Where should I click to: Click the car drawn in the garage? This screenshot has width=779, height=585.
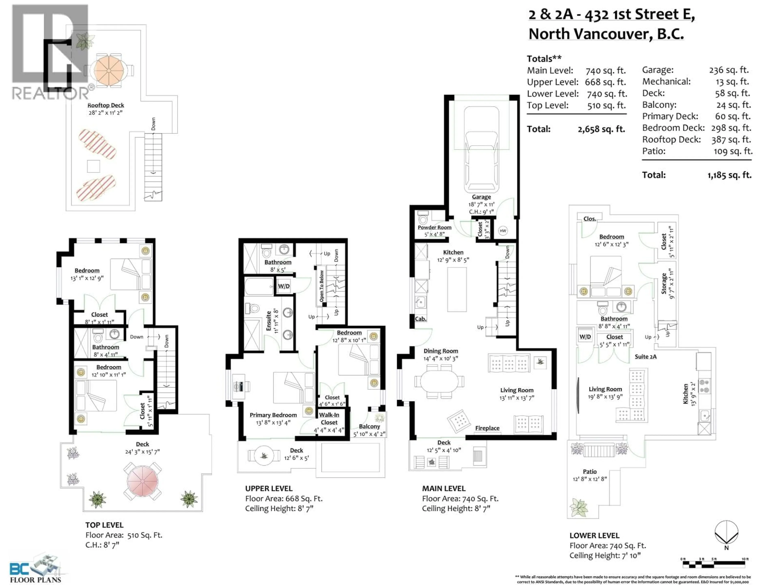481,150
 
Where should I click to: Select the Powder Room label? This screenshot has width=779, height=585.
434,227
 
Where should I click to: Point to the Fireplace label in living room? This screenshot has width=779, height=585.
487,428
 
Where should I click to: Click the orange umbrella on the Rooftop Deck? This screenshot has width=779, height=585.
109,70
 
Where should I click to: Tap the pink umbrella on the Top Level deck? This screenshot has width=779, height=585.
142,481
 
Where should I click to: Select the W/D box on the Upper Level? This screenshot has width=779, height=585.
284,286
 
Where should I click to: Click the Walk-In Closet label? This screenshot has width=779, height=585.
329,419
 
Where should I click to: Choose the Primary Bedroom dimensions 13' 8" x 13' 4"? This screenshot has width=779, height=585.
273,423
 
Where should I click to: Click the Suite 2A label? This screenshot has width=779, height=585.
646,356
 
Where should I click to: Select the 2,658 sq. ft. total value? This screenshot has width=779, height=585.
601,129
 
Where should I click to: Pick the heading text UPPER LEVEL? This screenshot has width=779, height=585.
269,488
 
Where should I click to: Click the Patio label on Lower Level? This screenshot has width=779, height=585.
590,471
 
